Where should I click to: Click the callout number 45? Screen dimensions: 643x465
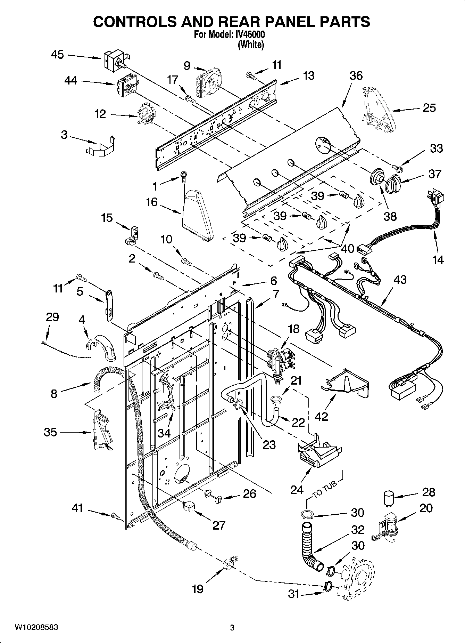pyautogui.click(x=57, y=55)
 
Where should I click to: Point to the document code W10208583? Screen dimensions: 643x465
pyautogui.click(x=36, y=627)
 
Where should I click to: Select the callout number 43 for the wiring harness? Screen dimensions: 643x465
pyautogui.click(x=400, y=279)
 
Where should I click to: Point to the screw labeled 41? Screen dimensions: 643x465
pyautogui.click(x=115, y=516)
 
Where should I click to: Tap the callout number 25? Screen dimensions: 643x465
pyautogui.click(x=429, y=108)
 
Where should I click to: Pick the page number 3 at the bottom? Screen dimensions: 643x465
pyautogui.click(x=232, y=628)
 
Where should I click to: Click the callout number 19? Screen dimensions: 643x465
pyautogui.click(x=198, y=589)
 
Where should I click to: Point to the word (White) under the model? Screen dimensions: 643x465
pyautogui.click(x=250, y=45)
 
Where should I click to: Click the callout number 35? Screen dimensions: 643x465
pyautogui.click(x=50, y=432)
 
